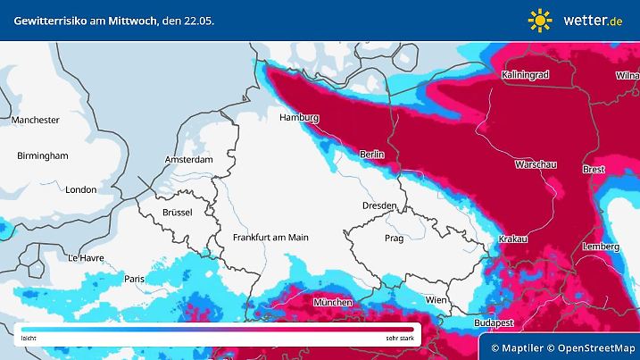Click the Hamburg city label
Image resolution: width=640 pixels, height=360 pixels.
coord(299,118)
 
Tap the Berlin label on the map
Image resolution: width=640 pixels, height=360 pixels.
coord(371,155)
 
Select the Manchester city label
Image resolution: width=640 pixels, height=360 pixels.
coord(36,120)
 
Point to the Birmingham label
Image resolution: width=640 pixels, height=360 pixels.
coord(42,155)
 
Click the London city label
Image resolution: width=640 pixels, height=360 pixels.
coord(80,189)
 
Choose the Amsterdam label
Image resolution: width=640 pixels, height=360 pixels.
coord(188,160)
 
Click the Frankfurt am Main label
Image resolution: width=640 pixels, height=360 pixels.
coord(270,238)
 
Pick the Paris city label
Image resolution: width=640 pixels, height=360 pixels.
coord(135,279)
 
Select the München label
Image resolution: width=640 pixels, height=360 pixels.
coord(332,303)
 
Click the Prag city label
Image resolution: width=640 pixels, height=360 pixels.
coord(394,239)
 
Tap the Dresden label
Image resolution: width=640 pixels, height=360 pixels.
coord(378,206)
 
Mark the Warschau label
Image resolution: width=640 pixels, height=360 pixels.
coord(537,165)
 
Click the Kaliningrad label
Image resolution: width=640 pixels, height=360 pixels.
coord(525,75)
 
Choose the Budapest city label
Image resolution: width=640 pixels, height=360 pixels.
coord(492,321)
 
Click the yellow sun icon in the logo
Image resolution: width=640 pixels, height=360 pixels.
coord(540,20)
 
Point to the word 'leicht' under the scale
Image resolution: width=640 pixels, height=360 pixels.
coord(29,339)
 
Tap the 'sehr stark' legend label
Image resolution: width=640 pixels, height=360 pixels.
coord(399,339)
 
